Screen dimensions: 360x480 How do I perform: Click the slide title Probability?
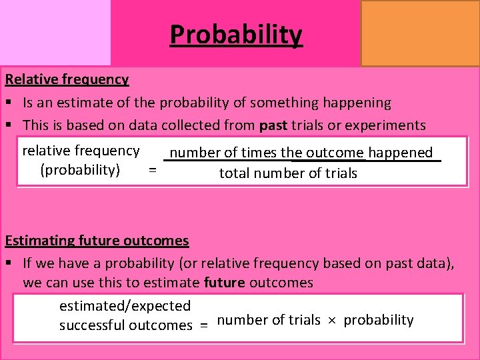(x=236, y=34)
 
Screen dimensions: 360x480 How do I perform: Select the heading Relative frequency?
(x=67, y=79)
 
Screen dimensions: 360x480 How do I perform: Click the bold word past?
(x=273, y=125)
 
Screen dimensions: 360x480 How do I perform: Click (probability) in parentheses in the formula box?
(x=80, y=169)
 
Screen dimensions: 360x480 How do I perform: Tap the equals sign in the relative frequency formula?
(x=153, y=170)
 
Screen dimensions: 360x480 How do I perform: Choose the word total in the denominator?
(x=235, y=173)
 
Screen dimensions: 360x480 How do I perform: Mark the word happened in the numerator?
(x=400, y=153)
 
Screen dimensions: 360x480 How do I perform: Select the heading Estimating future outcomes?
(x=97, y=240)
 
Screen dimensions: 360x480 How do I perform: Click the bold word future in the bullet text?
(x=224, y=282)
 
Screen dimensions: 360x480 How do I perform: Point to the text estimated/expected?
(x=125, y=306)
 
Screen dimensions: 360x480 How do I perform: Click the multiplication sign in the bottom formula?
(x=331, y=321)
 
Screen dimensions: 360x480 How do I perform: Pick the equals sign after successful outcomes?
(x=204, y=326)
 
